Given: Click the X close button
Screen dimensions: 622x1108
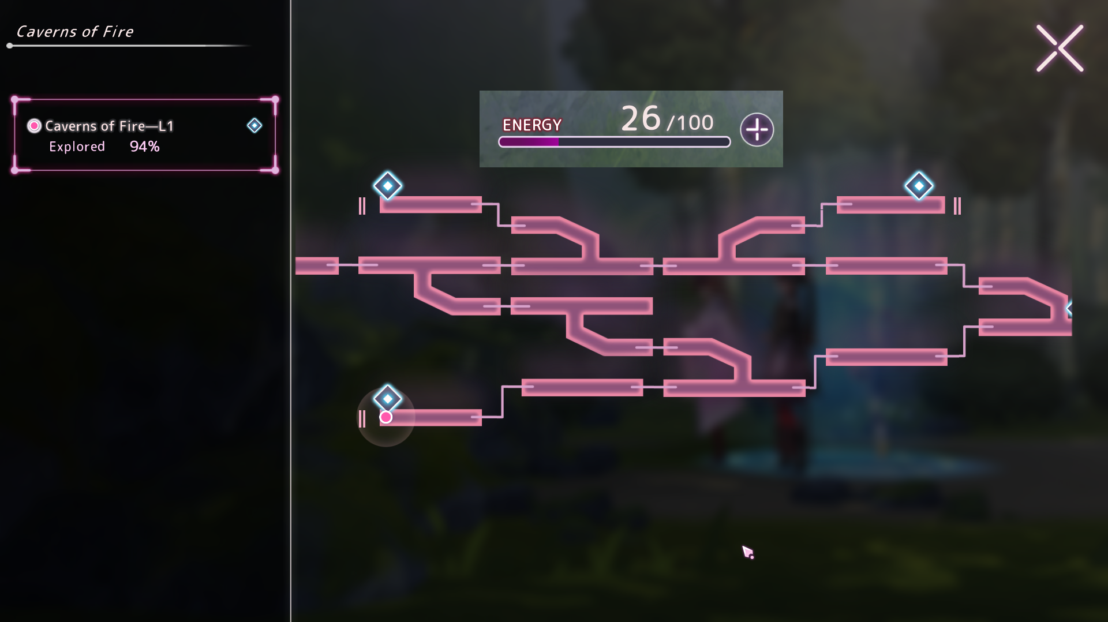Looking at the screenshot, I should pyautogui.click(x=1060, y=48).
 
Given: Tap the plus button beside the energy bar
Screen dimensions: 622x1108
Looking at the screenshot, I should pyautogui.click(x=757, y=130).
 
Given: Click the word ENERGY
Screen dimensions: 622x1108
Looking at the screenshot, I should pyautogui.click(x=531, y=125).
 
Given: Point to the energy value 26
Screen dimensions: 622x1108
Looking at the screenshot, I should pyautogui.click(x=641, y=119).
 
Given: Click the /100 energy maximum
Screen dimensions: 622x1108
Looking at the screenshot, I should pyautogui.click(x=690, y=123).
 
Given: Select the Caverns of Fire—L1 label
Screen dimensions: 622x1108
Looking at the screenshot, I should pyautogui.click(x=109, y=126).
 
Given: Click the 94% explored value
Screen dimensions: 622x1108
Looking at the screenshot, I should pyautogui.click(x=144, y=147).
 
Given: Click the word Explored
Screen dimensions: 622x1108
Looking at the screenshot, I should pyautogui.click(x=77, y=147).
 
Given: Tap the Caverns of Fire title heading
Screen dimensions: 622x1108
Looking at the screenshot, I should pyautogui.click(x=75, y=32).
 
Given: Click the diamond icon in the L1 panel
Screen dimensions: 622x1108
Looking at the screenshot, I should pyautogui.click(x=254, y=126).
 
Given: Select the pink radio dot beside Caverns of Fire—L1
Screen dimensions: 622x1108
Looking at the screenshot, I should pyautogui.click(x=35, y=126).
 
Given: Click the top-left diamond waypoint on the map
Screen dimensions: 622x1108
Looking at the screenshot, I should pyautogui.click(x=387, y=186).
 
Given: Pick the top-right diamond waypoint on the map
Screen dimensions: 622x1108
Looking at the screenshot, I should pyautogui.click(x=919, y=186).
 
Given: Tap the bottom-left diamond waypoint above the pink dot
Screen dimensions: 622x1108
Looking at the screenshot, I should pyautogui.click(x=387, y=398).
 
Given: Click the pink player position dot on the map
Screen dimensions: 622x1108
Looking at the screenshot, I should pyautogui.click(x=385, y=417).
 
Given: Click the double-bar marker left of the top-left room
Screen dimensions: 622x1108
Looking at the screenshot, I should pyautogui.click(x=362, y=206).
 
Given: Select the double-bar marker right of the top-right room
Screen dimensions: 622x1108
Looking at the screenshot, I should pyautogui.click(x=957, y=206).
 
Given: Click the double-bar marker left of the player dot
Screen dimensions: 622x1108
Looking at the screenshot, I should pyautogui.click(x=362, y=419).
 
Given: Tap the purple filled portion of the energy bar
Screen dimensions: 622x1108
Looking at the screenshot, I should pyautogui.click(x=529, y=142).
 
